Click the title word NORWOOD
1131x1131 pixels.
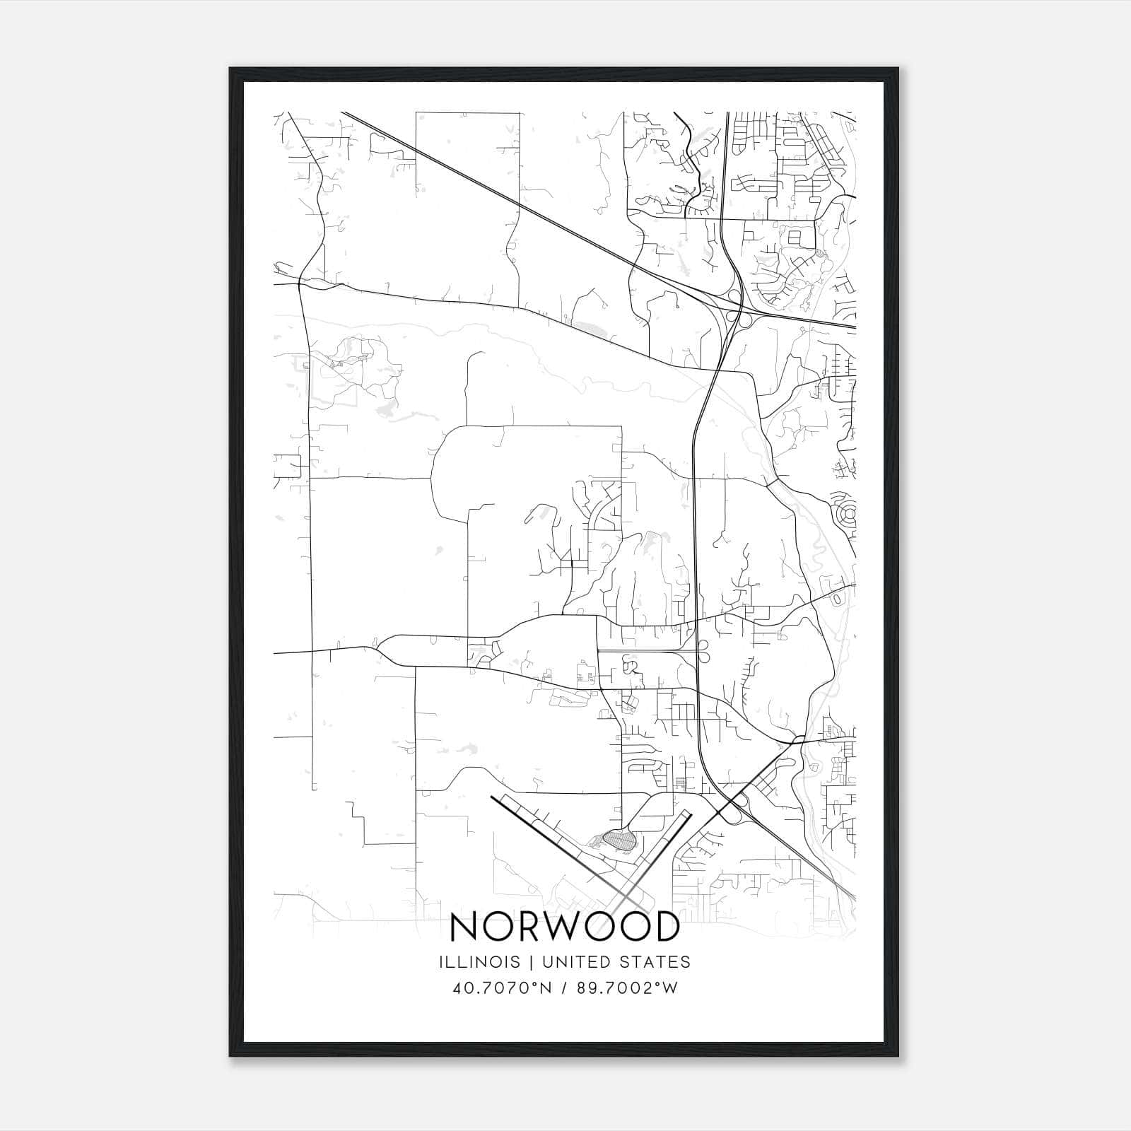click(564, 927)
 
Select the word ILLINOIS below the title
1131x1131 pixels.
click(479, 961)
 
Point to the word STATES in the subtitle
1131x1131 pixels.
click(655, 961)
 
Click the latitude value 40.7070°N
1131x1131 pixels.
click(502, 988)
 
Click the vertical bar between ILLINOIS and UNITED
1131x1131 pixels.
click(526, 961)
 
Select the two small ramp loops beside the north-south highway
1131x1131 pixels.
click(704, 650)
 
